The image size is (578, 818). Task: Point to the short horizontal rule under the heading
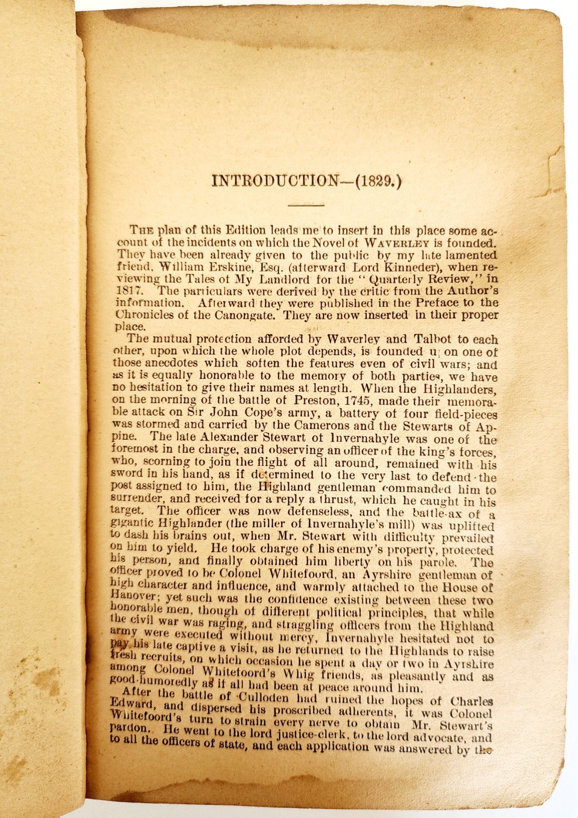tap(306, 205)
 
